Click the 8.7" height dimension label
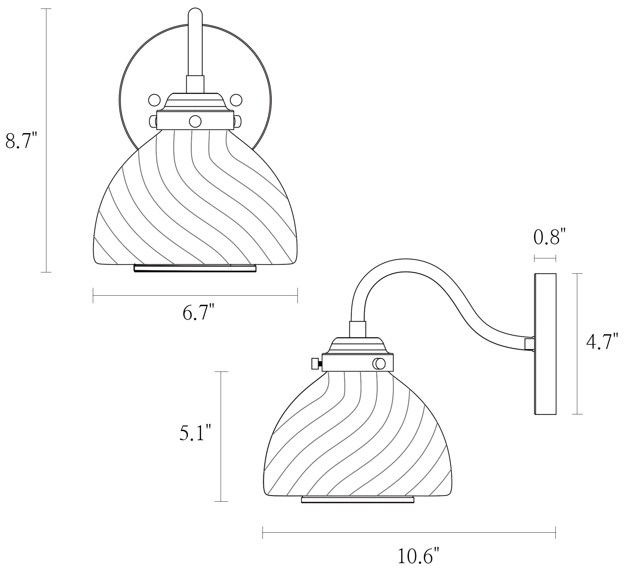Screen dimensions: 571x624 [22, 141]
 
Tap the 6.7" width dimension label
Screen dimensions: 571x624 [198, 313]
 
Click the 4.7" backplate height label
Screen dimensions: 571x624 [602, 341]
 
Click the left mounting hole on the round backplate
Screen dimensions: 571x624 [154, 100]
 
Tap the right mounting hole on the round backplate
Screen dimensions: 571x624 [236, 100]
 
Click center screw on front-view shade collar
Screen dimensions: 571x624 [195, 121]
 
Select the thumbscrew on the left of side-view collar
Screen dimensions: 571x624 [316, 363]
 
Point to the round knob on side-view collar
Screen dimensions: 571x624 [379, 363]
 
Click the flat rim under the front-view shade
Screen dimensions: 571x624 [195, 268]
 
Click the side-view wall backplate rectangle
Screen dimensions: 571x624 [545, 344]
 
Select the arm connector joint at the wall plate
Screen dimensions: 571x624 [529, 344]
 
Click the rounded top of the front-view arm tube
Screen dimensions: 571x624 [195, 15]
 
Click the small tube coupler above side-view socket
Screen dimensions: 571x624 [357, 329]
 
